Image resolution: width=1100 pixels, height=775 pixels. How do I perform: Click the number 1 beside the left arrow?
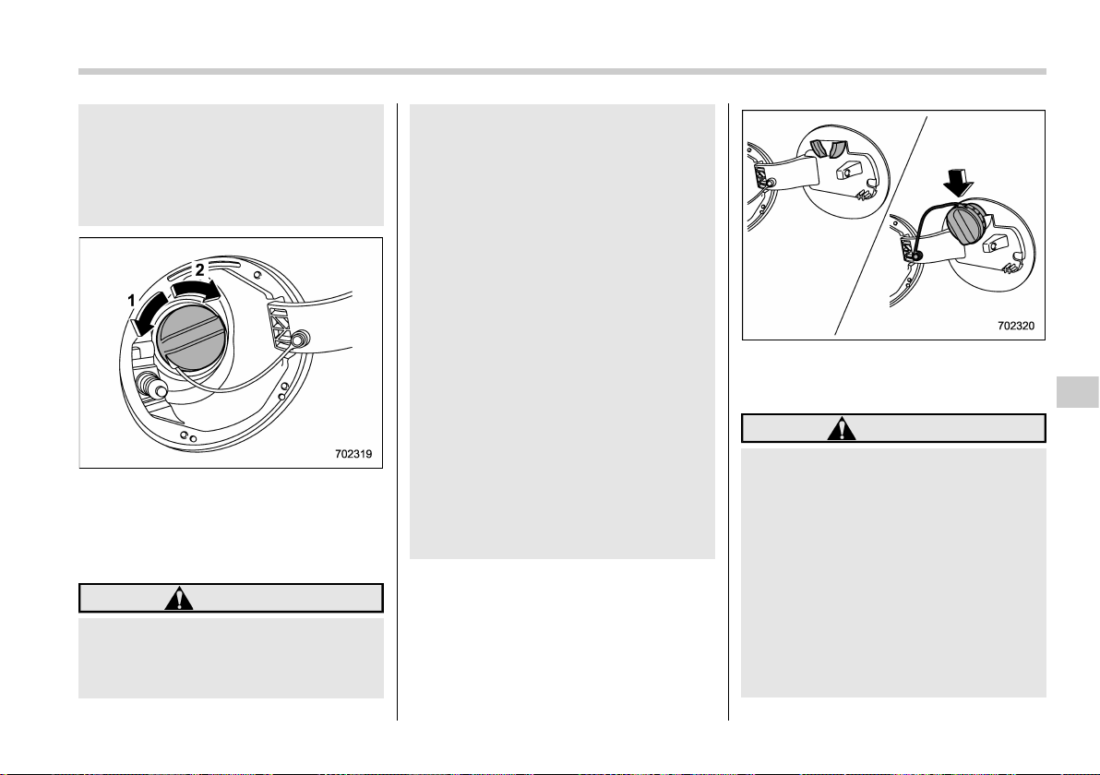131,301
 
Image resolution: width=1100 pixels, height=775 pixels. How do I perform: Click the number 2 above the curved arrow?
200,269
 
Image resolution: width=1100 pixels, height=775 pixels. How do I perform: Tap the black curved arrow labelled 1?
148,315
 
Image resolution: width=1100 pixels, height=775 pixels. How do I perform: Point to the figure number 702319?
353,454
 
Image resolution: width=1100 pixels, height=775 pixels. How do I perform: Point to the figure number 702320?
1016,326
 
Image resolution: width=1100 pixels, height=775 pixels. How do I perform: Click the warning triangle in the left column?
179,598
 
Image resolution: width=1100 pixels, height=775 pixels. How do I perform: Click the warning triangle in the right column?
841,428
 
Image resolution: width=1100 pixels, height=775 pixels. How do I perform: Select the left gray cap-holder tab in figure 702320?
819,149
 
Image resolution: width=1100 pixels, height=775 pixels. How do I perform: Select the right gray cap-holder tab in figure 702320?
838,149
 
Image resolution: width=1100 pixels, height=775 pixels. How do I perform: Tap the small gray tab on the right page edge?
1078,392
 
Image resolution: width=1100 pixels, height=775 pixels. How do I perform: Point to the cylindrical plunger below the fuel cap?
152,386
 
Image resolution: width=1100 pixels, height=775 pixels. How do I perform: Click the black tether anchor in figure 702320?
916,256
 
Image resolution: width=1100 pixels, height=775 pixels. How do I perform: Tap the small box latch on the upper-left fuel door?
849,170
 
